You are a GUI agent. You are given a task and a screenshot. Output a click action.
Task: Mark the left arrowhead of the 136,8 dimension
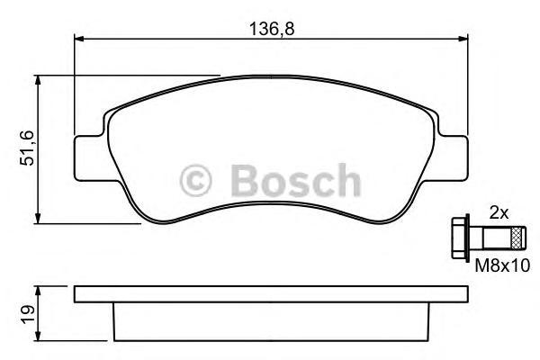tap(78, 39)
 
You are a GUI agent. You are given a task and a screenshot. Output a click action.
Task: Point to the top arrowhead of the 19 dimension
tap(39, 291)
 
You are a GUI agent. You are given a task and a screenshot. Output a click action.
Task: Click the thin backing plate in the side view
tap(270, 293)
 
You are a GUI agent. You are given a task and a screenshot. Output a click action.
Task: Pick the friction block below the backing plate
tap(270, 319)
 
